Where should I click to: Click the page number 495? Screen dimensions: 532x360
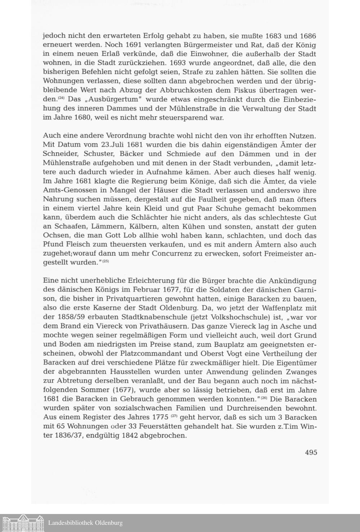click(x=311, y=452)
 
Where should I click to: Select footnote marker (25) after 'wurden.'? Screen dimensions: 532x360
click(x=105, y=261)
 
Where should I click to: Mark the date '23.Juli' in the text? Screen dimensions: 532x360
click(x=127, y=145)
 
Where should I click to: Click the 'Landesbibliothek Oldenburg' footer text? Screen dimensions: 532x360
click(x=85, y=523)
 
